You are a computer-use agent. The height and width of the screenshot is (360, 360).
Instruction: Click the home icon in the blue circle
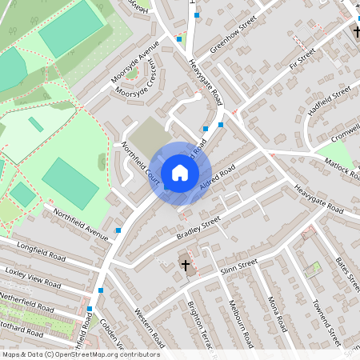coord(179,173)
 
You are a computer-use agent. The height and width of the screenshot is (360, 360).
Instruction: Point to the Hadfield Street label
coord(330,102)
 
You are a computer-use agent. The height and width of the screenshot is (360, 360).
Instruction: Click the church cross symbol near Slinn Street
coord(186,265)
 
